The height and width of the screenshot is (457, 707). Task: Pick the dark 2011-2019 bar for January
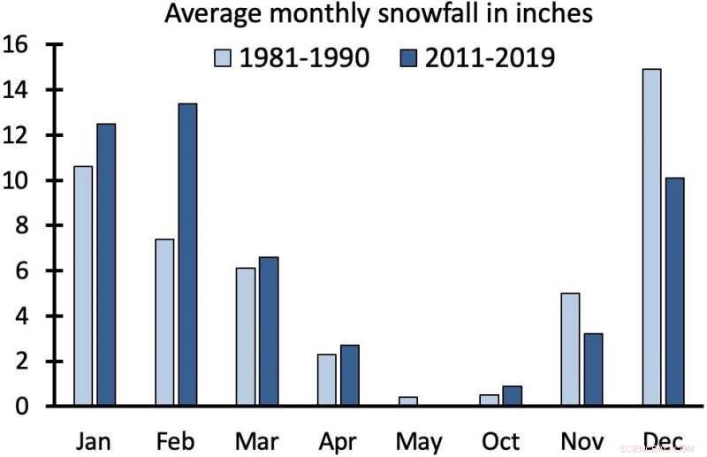point(105,264)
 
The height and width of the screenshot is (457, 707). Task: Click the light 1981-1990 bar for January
point(82,286)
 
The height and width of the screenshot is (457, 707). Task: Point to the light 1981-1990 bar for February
point(163,322)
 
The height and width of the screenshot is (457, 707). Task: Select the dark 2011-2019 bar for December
point(675,292)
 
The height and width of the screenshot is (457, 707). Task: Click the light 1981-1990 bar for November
point(570,349)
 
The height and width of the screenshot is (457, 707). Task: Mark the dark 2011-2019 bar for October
point(512,396)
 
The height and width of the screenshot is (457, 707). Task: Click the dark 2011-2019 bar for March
point(268,331)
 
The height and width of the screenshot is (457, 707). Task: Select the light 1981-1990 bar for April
point(326,380)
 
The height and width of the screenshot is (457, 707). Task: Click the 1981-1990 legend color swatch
point(224,58)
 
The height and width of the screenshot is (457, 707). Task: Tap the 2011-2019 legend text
point(490,58)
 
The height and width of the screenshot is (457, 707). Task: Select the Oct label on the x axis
point(500,439)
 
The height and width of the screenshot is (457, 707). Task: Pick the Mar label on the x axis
point(257,439)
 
